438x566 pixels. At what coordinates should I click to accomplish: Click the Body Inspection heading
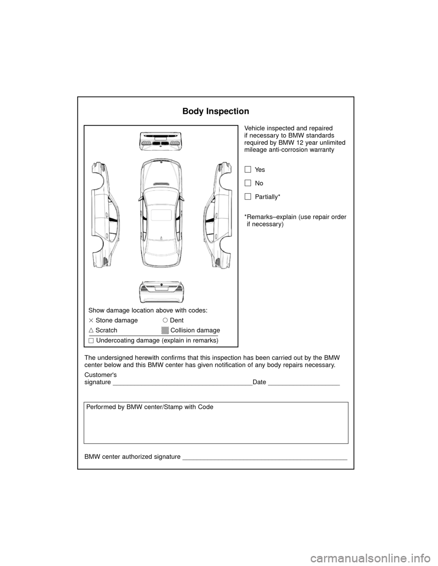[215, 112]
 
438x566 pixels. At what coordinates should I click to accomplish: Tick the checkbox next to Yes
[248, 170]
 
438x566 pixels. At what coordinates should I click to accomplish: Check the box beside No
[248, 183]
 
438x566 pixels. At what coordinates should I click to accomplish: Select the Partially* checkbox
[248, 196]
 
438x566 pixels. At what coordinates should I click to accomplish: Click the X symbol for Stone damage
[91, 320]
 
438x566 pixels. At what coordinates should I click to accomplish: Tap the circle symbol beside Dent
[165, 320]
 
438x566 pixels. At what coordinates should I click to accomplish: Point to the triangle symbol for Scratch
[91, 330]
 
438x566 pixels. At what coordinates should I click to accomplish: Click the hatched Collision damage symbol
[165, 330]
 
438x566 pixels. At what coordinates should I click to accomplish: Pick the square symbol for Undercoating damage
[91, 340]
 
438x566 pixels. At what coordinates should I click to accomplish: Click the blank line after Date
[303, 384]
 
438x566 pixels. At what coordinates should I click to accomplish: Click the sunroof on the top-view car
[161, 215]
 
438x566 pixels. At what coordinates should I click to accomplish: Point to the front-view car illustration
[161, 140]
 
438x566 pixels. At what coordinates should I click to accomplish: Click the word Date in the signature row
[259, 382]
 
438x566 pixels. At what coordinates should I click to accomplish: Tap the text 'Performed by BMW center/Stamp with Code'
[149, 406]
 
